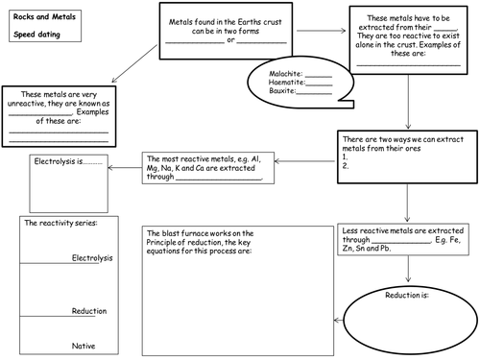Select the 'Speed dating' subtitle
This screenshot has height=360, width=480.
pos(36,34)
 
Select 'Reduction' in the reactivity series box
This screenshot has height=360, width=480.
pos(89,312)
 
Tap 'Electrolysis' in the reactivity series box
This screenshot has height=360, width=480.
pos(92,258)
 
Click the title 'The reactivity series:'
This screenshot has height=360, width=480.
pos(59,223)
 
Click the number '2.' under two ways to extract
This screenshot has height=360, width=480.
pos(347,165)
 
